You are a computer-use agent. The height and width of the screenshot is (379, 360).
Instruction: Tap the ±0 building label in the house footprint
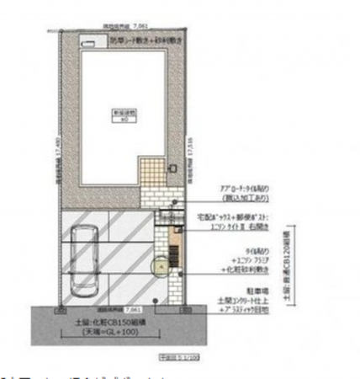124,118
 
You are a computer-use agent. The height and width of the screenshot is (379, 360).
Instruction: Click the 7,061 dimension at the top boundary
124,27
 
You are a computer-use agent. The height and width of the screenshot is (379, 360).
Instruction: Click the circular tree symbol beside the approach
156,267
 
